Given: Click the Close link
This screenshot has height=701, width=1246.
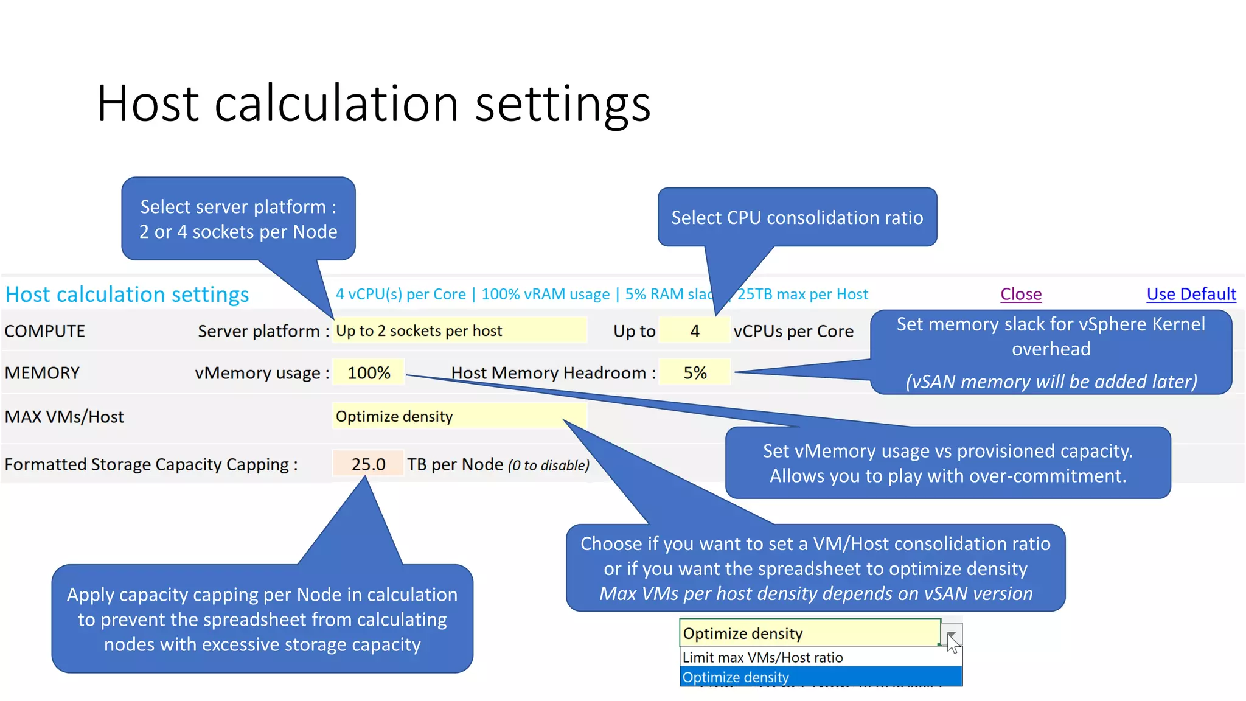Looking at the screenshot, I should [1021, 295].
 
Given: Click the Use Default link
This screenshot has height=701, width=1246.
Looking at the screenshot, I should [1191, 295].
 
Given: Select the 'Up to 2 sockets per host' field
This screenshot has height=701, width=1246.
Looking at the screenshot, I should [459, 331].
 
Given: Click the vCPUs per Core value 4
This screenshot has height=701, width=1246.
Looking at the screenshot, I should [694, 331].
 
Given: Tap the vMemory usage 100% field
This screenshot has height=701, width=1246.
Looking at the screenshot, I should [369, 373].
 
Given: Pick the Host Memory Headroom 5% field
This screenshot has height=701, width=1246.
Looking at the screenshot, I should [695, 373].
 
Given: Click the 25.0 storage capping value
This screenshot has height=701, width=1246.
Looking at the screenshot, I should [368, 464].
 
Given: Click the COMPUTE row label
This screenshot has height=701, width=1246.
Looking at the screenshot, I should [45, 331].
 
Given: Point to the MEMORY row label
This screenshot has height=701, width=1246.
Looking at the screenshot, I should [43, 373].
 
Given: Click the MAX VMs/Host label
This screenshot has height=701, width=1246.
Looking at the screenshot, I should [64, 417].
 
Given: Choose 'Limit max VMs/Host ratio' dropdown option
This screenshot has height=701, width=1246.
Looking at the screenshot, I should [762, 658].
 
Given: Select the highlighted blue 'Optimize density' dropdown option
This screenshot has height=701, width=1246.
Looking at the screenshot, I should [736, 677].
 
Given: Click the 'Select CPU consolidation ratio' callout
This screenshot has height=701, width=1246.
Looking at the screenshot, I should [797, 218].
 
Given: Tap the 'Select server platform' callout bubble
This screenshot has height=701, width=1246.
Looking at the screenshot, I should [238, 219].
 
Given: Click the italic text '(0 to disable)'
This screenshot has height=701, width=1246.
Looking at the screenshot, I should [549, 466].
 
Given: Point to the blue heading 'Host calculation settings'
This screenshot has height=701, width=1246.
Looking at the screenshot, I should [127, 295].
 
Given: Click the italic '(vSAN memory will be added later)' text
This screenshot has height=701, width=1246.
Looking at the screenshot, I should [1051, 382].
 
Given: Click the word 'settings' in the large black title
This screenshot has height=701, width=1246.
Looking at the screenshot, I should [563, 104].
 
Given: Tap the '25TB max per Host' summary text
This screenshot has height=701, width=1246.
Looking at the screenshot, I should [802, 295].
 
